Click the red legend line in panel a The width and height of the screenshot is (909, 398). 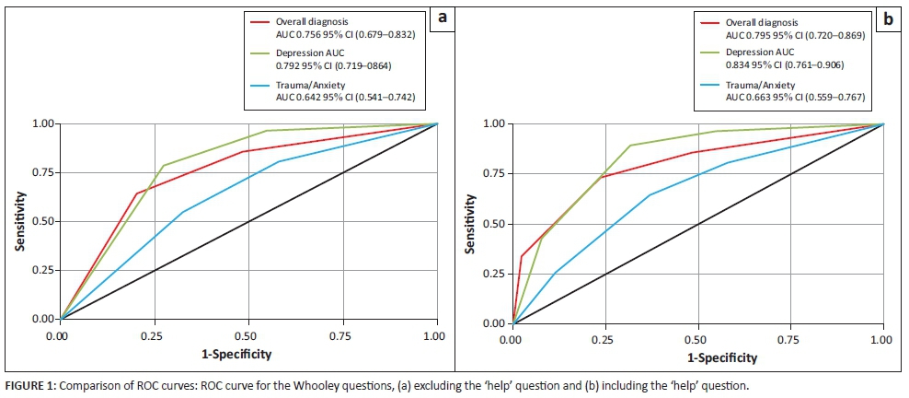click(259, 20)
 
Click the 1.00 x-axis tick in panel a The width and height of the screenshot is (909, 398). click(436, 338)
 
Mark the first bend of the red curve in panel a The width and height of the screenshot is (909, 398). click(136, 193)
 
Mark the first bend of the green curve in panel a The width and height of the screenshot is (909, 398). click(163, 166)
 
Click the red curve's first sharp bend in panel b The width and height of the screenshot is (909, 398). click(522, 256)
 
